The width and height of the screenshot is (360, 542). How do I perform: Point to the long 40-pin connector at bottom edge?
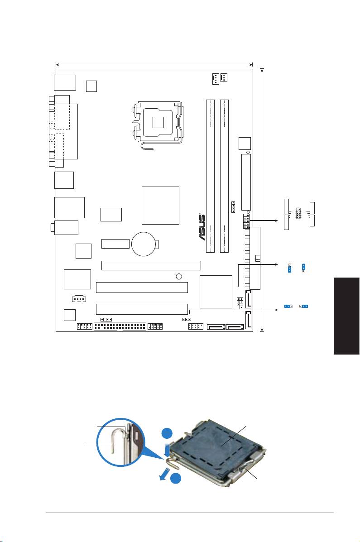pyautogui.click(x=120, y=327)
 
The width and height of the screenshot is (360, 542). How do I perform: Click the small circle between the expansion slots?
pyautogui.click(x=179, y=276)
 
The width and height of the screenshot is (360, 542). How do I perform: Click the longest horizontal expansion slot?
pyautogui.click(x=151, y=265)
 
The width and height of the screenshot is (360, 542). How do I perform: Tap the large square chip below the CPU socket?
pyautogui.click(x=160, y=205)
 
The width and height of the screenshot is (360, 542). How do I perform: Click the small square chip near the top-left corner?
pyautogui.click(x=91, y=85)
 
